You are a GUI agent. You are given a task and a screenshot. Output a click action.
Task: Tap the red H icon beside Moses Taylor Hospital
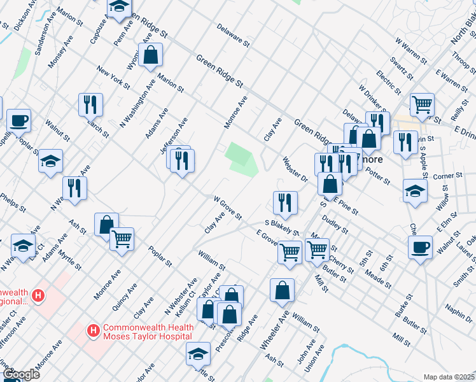(93, 330)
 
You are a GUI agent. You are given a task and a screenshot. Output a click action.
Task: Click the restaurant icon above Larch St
(91, 104)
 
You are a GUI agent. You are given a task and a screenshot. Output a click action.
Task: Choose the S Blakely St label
(282, 226)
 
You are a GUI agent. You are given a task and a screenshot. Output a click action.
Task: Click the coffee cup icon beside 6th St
(420, 247)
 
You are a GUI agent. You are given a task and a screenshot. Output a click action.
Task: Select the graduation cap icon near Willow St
(415, 190)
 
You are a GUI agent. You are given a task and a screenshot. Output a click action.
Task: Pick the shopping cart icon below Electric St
(422, 104)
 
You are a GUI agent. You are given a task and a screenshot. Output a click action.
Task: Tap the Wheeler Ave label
(275, 330)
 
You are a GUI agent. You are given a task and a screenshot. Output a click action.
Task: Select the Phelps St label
(13, 202)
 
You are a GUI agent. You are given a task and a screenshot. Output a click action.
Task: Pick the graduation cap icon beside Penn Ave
(118, 8)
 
